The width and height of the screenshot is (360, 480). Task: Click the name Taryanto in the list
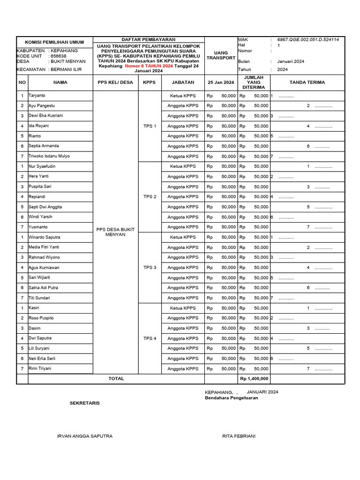37,96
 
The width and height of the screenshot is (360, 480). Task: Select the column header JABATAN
183,82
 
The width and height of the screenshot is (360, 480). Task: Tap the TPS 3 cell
150,268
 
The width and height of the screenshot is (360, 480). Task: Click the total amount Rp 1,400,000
254,379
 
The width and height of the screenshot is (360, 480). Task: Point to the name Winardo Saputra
44,237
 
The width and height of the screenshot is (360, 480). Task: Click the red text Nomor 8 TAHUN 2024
149,66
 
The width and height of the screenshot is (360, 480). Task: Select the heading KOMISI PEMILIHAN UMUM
54,42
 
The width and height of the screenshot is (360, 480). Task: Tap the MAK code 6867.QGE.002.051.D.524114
307,40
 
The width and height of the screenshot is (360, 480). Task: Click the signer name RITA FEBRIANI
239,436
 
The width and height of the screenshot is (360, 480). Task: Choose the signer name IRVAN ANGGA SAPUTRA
84,436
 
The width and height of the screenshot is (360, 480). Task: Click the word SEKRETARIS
84,403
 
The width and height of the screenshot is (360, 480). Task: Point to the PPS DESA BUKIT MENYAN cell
115,232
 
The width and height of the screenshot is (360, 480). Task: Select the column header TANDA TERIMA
307,82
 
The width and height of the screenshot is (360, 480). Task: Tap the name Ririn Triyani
40,368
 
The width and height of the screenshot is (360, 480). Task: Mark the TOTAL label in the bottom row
116,378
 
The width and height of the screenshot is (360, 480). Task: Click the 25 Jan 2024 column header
221,82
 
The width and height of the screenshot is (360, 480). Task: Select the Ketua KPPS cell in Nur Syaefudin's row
183,166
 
